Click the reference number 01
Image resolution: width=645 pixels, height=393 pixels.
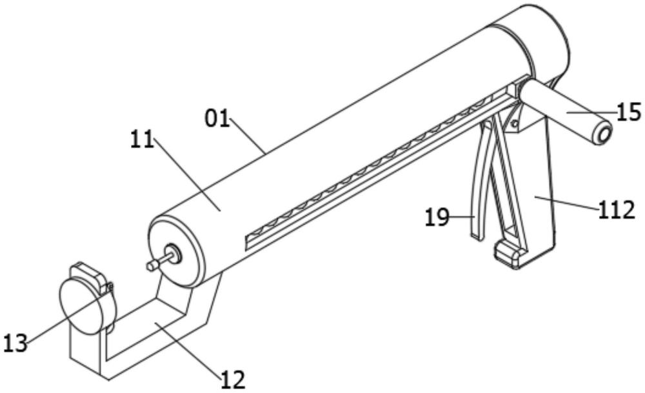[x=217, y=118]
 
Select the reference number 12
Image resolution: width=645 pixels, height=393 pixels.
[x=232, y=379]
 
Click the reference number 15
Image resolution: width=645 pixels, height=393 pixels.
[x=629, y=112]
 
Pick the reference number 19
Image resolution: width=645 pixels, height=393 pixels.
[x=437, y=217]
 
